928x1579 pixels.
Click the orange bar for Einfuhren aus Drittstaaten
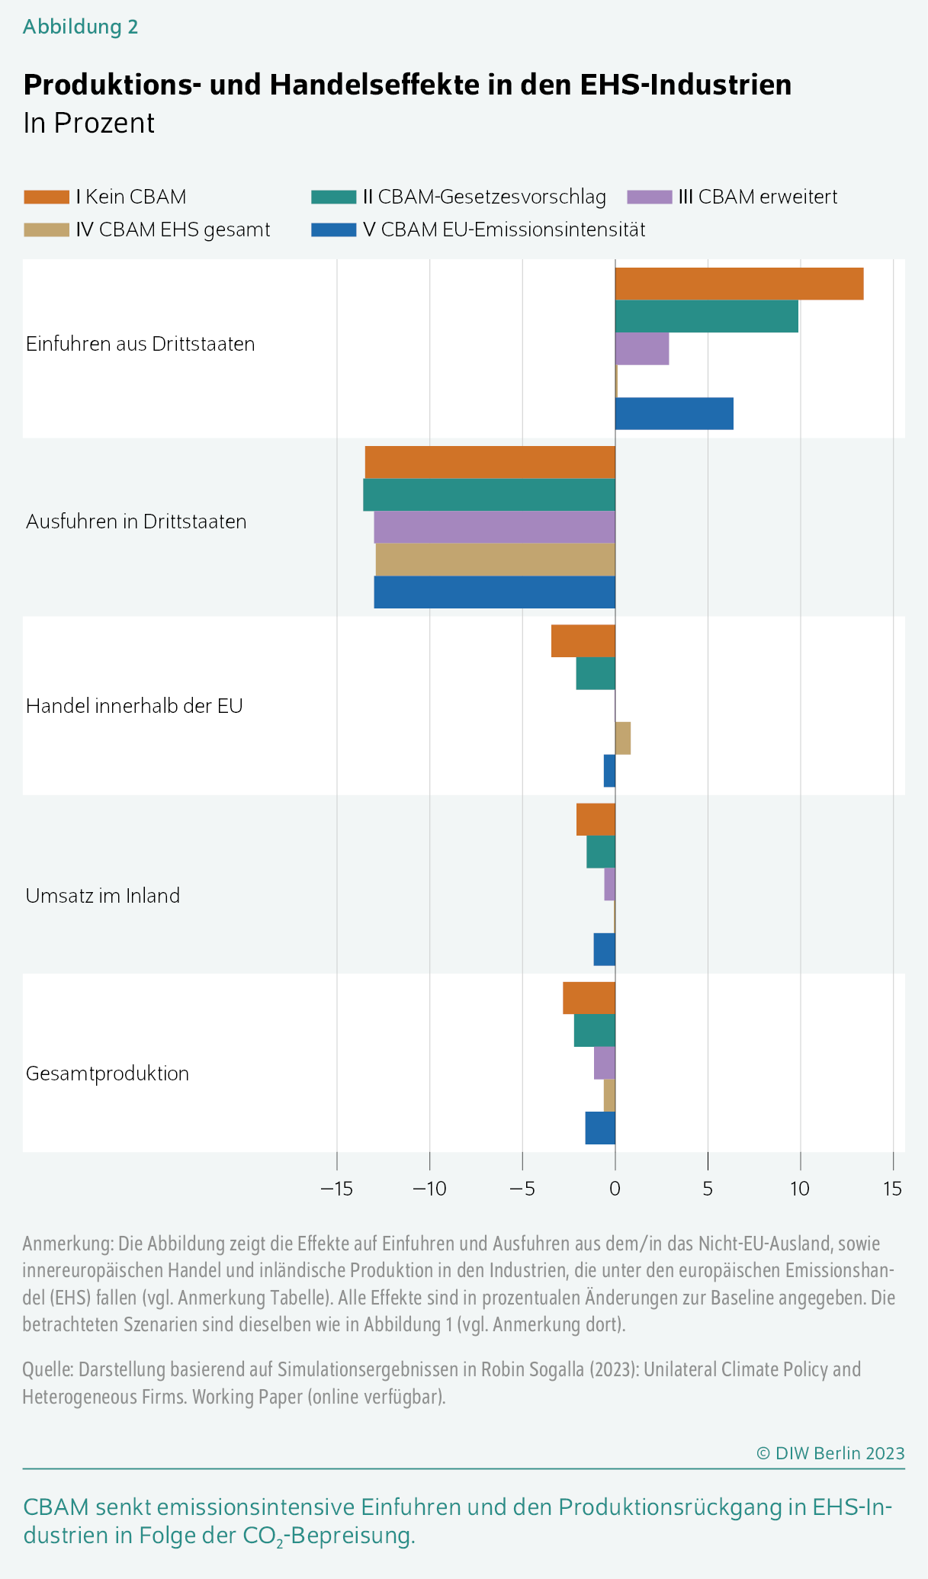click(739, 284)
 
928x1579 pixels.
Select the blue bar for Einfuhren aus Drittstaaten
click(674, 414)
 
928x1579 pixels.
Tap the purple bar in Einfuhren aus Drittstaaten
click(642, 348)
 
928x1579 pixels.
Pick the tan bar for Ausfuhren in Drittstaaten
click(495, 560)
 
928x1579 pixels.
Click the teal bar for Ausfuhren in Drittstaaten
click(489, 495)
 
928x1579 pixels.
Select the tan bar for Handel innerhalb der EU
click(623, 738)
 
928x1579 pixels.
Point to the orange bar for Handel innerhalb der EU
click(583, 640)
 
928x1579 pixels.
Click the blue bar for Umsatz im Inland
click(605, 949)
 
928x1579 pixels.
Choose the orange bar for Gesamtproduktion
click(589, 998)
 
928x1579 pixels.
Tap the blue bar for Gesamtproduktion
click(600, 1128)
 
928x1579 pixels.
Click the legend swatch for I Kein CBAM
click(47, 197)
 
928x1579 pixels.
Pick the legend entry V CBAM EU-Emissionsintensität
click(503, 229)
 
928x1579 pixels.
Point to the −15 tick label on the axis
click(336, 1188)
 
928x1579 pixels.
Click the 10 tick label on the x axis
click(799, 1188)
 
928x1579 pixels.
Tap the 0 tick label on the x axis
click(615, 1188)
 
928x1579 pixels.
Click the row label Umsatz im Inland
click(103, 895)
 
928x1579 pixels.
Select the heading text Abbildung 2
click(80, 27)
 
